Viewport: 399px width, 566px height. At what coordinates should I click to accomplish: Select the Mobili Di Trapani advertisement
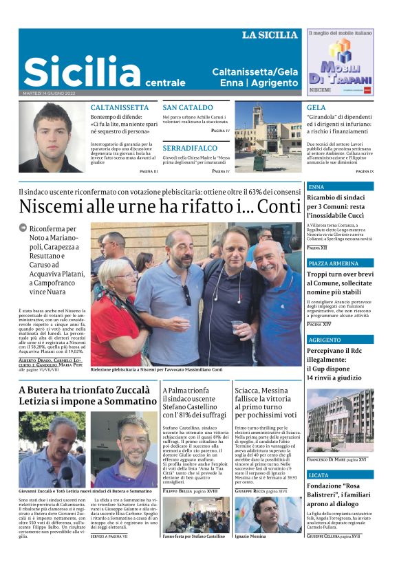tap(339, 62)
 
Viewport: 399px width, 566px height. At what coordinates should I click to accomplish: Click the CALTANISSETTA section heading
tap(120, 107)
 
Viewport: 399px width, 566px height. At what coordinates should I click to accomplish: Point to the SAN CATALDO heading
tap(188, 107)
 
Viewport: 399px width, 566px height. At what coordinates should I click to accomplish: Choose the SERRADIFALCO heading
tap(190, 148)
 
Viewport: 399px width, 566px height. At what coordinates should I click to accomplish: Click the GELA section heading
tap(316, 107)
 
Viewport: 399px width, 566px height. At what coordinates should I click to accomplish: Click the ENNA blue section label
tap(316, 186)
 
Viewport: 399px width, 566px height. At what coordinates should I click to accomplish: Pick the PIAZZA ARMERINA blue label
tap(334, 263)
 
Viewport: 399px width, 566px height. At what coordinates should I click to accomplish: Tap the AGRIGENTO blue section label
tap(324, 340)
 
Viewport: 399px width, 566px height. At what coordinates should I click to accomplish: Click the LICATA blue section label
tap(319, 475)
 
